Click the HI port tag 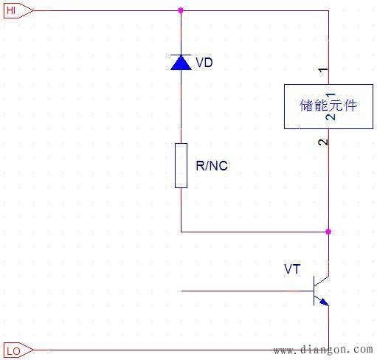click(16, 10)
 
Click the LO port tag click(16, 349)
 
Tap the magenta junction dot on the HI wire click(181, 10)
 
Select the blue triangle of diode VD click(181, 63)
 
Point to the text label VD click(204, 63)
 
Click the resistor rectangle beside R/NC click(181, 166)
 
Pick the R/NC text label click(212, 166)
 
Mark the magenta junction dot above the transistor click(328, 231)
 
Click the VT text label click(292, 270)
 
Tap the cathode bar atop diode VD click(181, 55)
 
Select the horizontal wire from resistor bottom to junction click(251, 231)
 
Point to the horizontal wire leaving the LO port click(148, 349)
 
